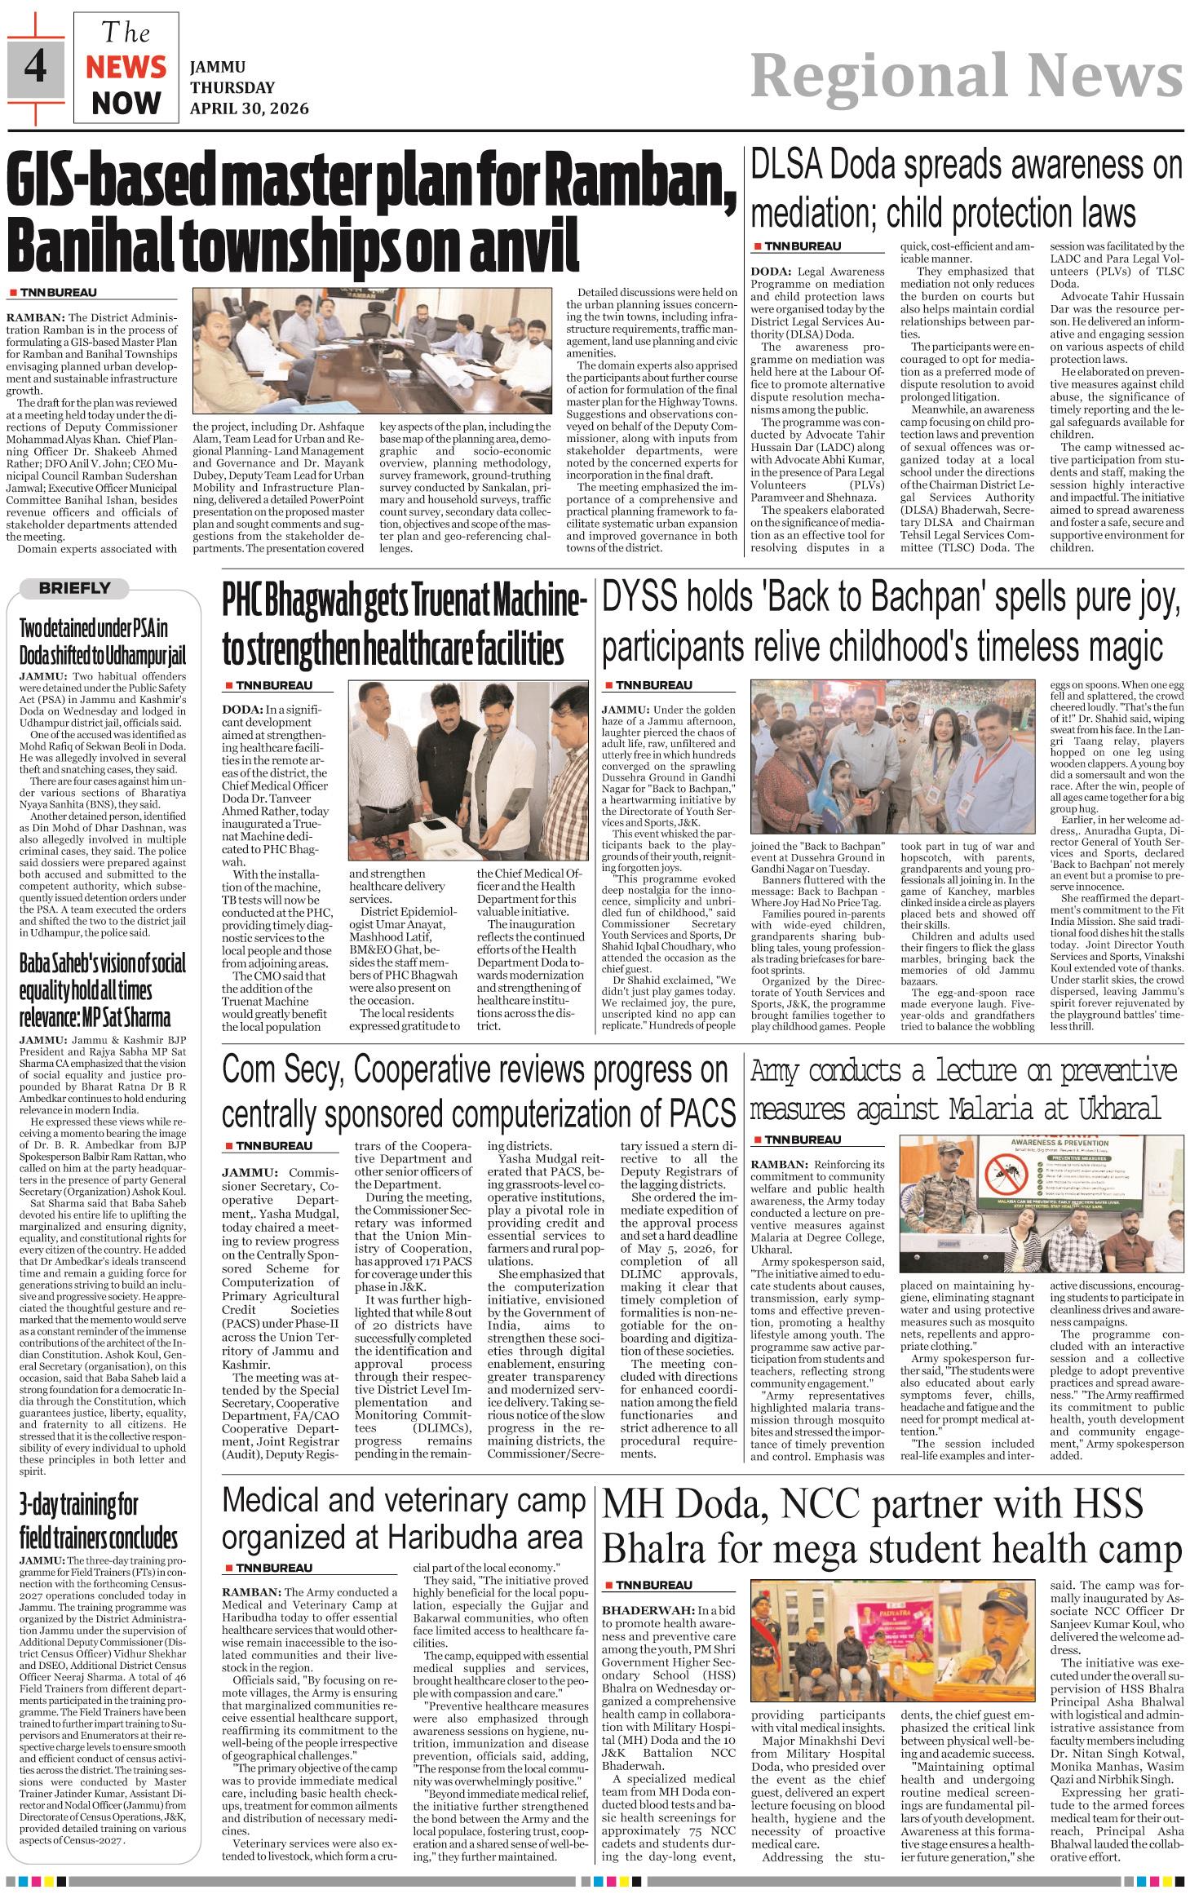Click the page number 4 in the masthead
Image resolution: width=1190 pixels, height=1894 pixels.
(x=35, y=66)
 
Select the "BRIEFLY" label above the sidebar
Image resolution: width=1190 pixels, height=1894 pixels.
(x=74, y=587)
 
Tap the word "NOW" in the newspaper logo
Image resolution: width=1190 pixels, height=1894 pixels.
(x=126, y=103)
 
